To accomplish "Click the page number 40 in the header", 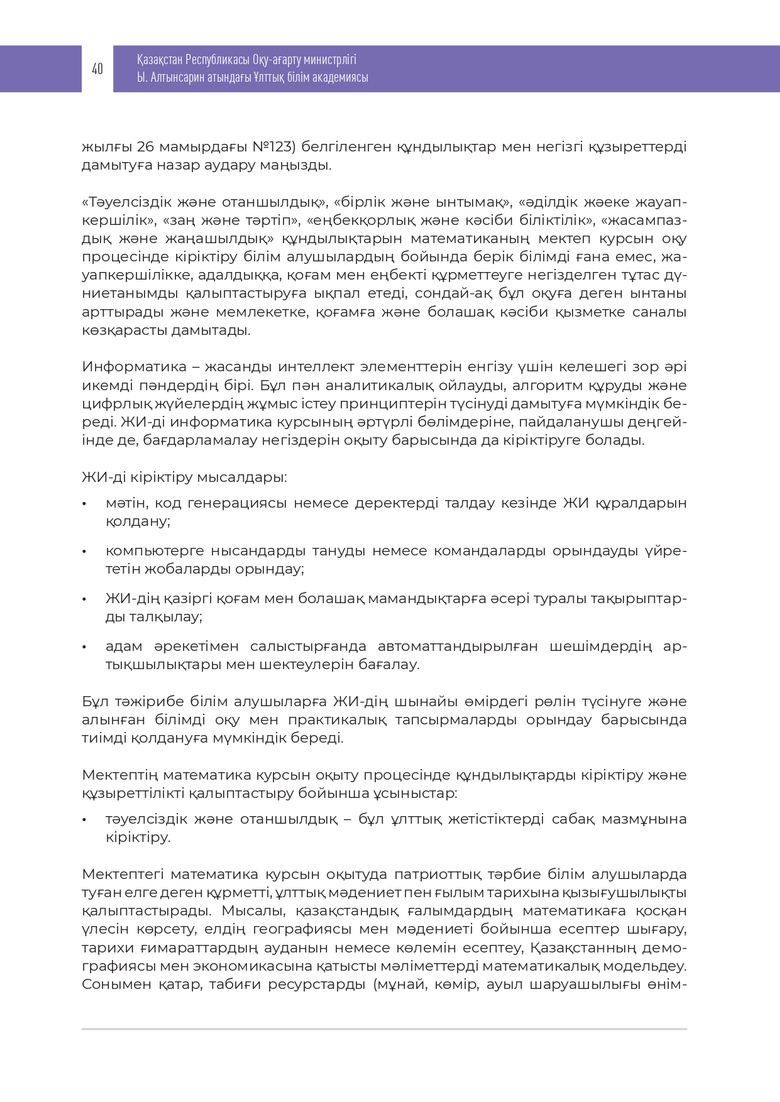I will tap(97, 69).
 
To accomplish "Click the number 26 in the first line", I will tap(145, 147).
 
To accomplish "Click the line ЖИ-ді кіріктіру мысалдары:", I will tap(184, 477).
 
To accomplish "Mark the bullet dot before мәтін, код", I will tap(84, 504).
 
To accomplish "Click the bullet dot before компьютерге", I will tap(84, 552).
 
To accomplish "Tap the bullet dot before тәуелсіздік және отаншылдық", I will tap(84, 820).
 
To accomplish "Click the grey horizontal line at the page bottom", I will tap(384, 1029).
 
